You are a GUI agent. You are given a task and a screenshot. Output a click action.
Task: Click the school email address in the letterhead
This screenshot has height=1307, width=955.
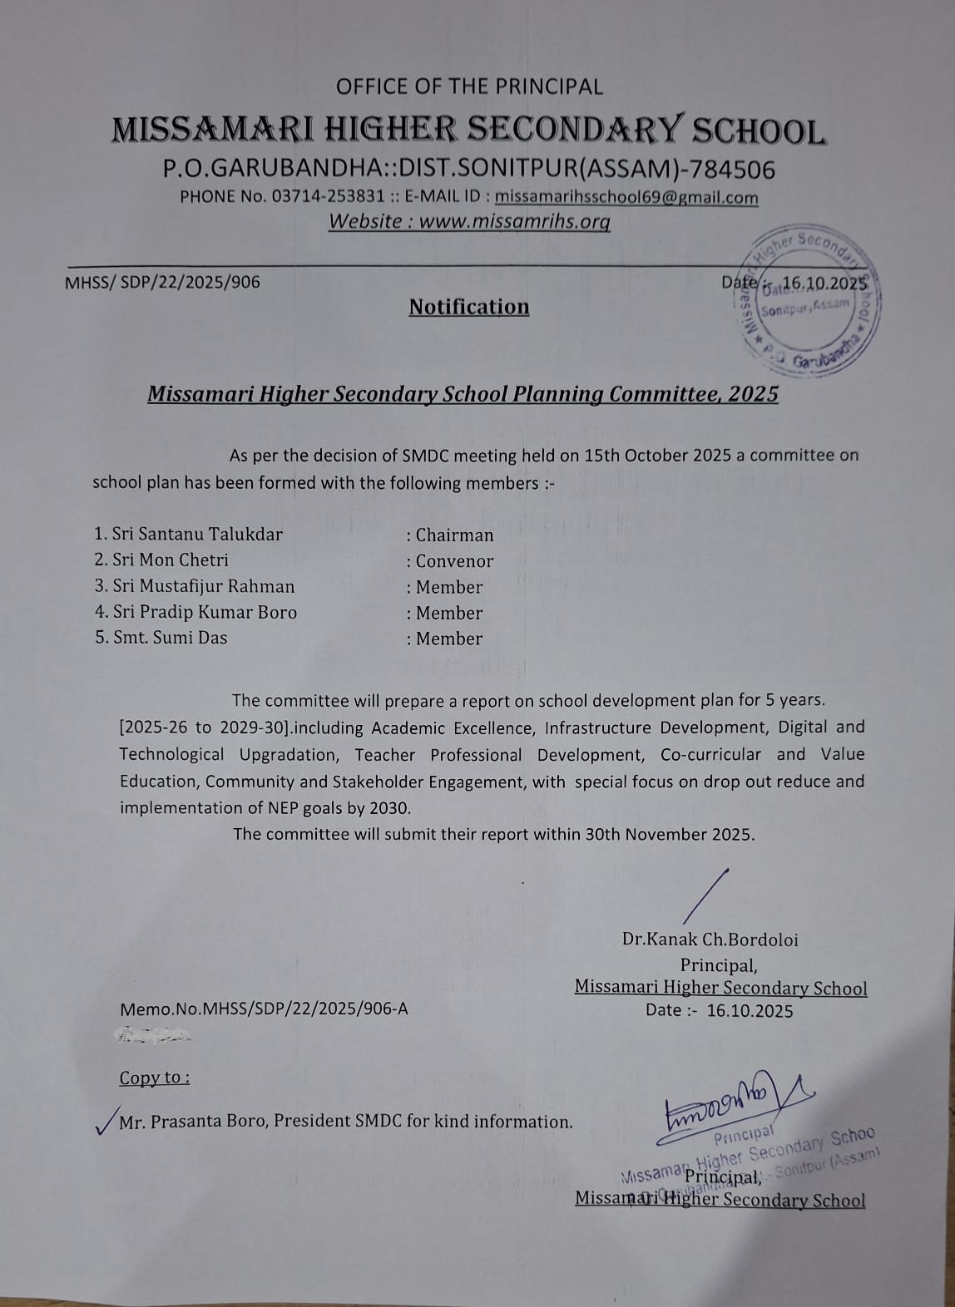tap(626, 198)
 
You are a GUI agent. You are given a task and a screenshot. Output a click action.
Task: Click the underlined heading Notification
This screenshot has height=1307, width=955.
tap(469, 307)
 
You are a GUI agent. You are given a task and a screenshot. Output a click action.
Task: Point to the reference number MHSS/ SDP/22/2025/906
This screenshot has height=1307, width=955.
tap(162, 282)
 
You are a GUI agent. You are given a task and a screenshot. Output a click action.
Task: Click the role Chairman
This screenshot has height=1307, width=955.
tap(454, 535)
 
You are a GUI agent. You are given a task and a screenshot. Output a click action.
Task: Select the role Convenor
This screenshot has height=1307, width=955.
tap(454, 561)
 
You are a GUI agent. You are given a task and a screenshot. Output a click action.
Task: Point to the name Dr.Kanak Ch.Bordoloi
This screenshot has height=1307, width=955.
tap(710, 940)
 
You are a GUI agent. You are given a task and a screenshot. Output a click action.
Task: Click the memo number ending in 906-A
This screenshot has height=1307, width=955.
tap(265, 1009)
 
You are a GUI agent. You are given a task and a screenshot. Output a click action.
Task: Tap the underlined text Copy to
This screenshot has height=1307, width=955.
tap(154, 1078)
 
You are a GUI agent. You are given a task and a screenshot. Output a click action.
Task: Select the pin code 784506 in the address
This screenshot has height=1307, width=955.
tap(735, 170)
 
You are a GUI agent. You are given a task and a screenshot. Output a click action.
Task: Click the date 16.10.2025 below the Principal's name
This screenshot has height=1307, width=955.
tap(750, 1011)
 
